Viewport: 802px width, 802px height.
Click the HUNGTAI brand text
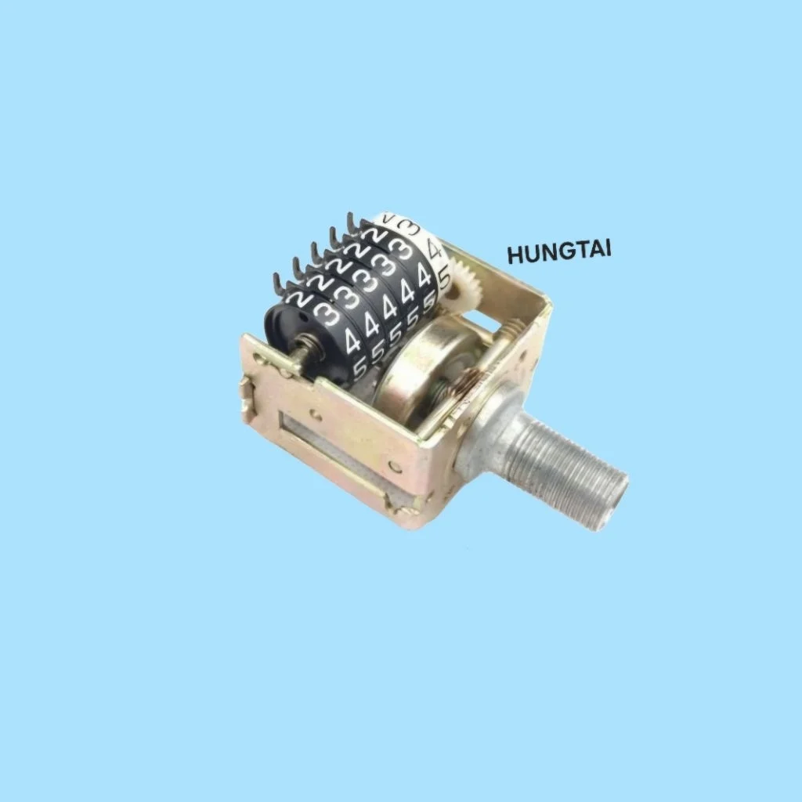559,251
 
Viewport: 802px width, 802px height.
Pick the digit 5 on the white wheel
444,278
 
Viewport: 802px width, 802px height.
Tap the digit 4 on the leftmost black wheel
353,341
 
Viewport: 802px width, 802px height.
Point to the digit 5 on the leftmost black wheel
360,368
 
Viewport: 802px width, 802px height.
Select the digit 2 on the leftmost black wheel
298,298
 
